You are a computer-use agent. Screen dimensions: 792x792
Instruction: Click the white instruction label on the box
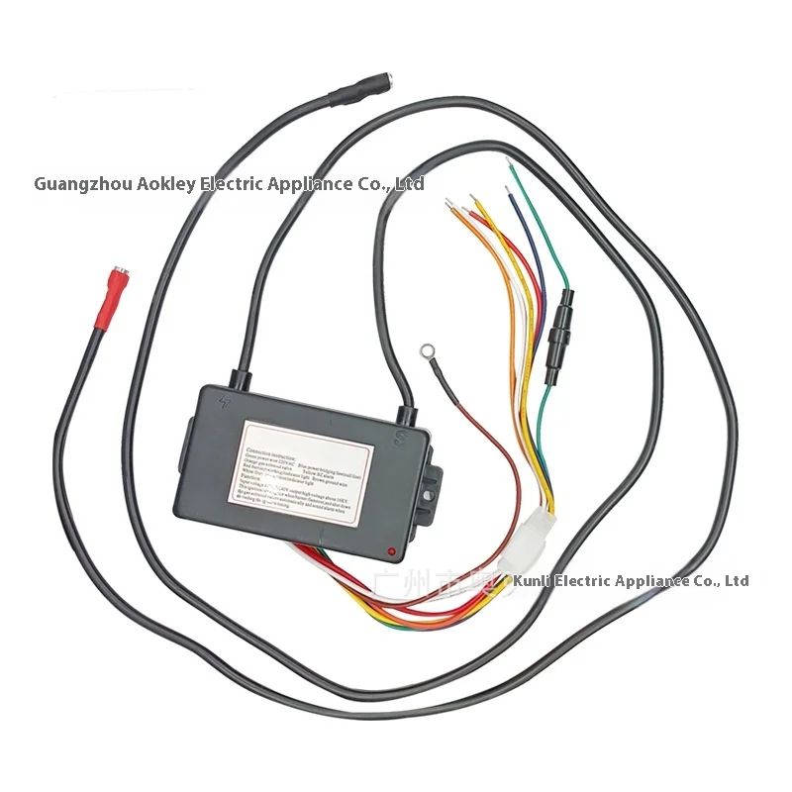tap(306, 474)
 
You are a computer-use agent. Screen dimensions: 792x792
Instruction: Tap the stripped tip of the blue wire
tap(508, 194)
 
